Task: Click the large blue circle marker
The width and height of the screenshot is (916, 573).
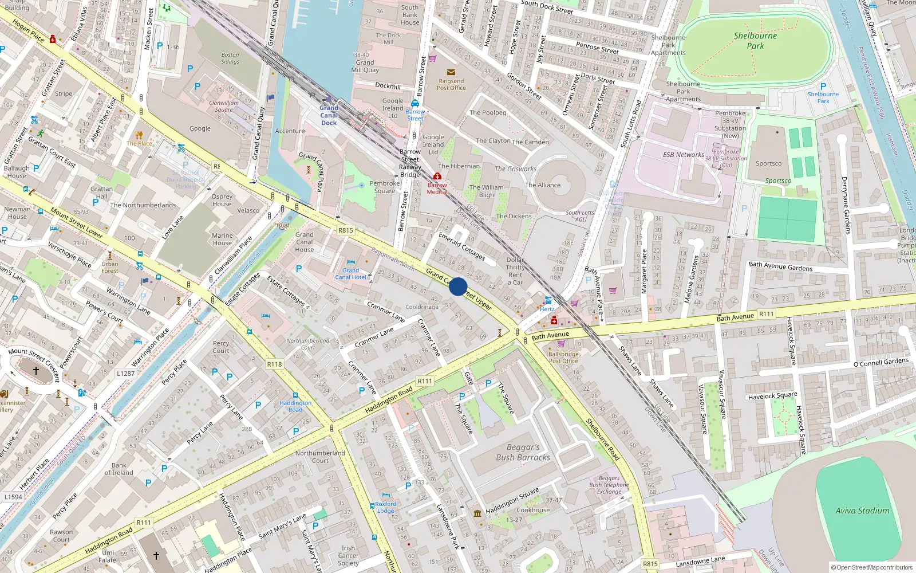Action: tap(457, 286)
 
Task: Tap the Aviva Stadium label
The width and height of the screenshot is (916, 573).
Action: tap(862, 511)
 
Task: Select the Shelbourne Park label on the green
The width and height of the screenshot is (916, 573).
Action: tap(755, 41)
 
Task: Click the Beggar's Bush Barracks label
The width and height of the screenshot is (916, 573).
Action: tap(523, 452)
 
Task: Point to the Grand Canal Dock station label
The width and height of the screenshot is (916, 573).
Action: tap(329, 115)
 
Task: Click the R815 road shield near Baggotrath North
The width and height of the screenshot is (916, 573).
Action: tap(346, 230)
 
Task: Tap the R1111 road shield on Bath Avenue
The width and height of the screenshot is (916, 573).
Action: tap(766, 314)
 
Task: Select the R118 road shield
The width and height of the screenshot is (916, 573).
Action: tap(274, 364)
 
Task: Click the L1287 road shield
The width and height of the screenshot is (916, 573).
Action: tap(125, 373)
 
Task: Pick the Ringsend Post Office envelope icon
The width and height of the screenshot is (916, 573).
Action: tap(451, 72)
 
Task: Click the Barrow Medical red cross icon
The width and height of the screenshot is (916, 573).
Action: tap(437, 176)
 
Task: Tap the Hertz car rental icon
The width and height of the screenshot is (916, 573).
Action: tap(548, 300)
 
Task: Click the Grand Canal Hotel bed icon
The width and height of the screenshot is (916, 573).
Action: tap(351, 262)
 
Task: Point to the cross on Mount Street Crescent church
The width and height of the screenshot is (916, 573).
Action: tap(35, 371)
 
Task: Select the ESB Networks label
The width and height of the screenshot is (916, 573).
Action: tap(684, 155)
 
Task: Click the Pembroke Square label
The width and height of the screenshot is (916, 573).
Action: tap(385, 187)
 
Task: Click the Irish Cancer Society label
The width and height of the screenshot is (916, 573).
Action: tap(348, 555)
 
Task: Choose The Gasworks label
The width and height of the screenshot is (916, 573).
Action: tap(515, 169)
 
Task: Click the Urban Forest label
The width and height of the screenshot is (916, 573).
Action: tap(110, 268)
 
